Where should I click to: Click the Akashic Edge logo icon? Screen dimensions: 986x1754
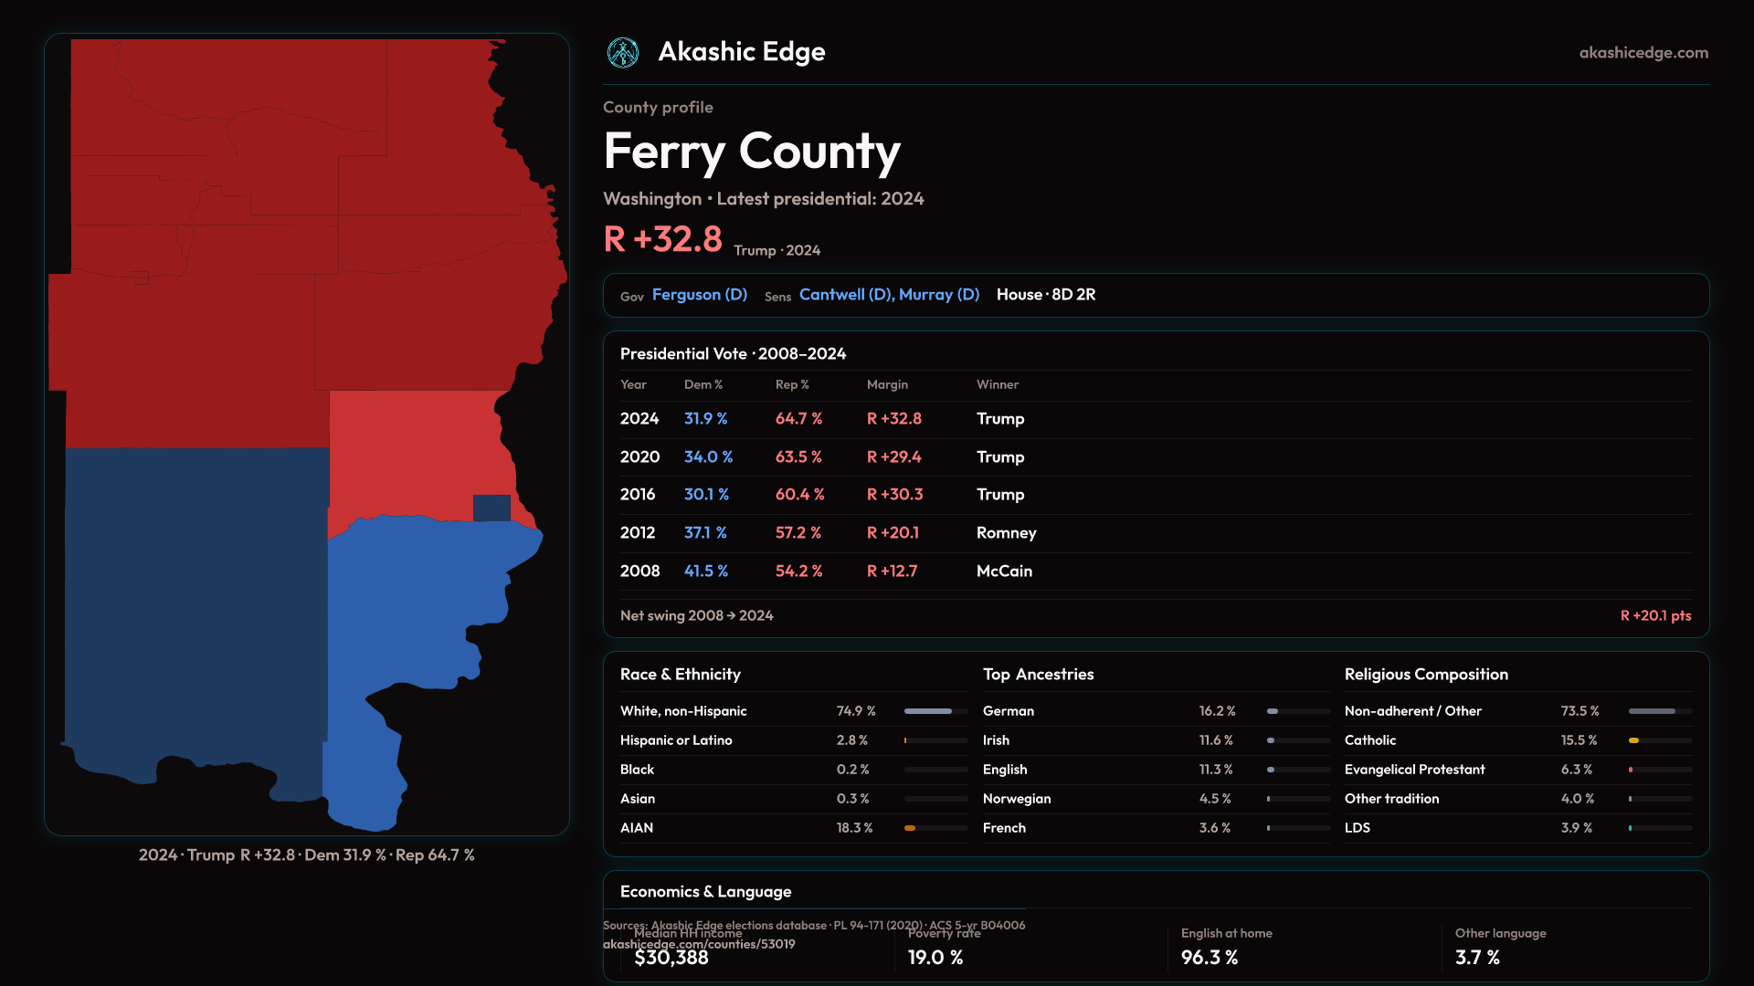pyautogui.click(x=623, y=53)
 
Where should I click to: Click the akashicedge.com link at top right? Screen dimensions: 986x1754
pyautogui.click(x=1643, y=53)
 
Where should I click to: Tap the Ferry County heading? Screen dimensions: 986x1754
pyautogui.click(x=752, y=152)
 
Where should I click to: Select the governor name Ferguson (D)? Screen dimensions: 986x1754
pyautogui.click(x=699, y=295)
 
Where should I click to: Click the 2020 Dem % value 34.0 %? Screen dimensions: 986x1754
pyautogui.click(x=708, y=456)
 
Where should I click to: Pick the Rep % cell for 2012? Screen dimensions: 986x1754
pyautogui.click(x=798, y=532)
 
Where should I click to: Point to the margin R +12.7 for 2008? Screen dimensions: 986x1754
pyautogui.click(x=892, y=571)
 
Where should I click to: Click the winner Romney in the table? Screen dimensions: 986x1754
pyautogui.click(x=1006, y=532)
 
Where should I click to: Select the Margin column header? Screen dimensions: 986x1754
pyautogui.click(x=887, y=384)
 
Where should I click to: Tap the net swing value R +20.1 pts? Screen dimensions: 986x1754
pyautogui.click(x=1655, y=615)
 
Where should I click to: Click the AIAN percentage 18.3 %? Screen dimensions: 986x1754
pyautogui.click(x=854, y=828)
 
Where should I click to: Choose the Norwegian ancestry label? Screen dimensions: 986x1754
pyautogui.click(x=1017, y=799)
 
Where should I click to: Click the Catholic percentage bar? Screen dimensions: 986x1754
pyautogui.click(x=1660, y=740)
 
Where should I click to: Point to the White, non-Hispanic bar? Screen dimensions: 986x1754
pyautogui.click(x=935, y=711)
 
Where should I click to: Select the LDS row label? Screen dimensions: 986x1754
pyautogui.click(x=1358, y=828)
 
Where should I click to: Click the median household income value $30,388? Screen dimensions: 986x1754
pyautogui.click(x=671, y=958)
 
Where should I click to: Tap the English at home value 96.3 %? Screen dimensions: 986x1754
pyautogui.click(x=1210, y=958)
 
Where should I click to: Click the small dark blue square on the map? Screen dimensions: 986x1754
pyautogui.click(x=491, y=508)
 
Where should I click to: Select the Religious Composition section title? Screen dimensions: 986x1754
pyautogui.click(x=1426, y=675)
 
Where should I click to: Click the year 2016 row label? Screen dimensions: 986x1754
pyautogui.click(x=638, y=494)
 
